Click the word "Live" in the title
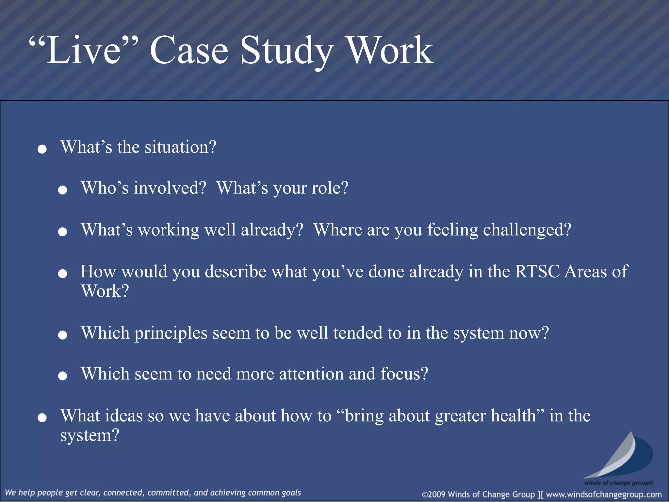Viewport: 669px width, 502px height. pos(84,51)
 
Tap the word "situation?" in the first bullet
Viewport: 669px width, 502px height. pos(180,147)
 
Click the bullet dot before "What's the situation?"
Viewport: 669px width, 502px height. pos(42,150)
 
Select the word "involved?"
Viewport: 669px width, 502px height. pos(170,188)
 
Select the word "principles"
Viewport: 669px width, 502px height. pos(171,333)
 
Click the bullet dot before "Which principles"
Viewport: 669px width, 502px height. pos(62,335)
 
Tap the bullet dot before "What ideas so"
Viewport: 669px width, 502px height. pos(42,418)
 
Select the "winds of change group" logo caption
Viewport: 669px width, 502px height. pos(618,483)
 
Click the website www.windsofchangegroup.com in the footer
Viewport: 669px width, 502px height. pos(604,494)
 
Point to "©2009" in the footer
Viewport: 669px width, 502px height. pos(434,494)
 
